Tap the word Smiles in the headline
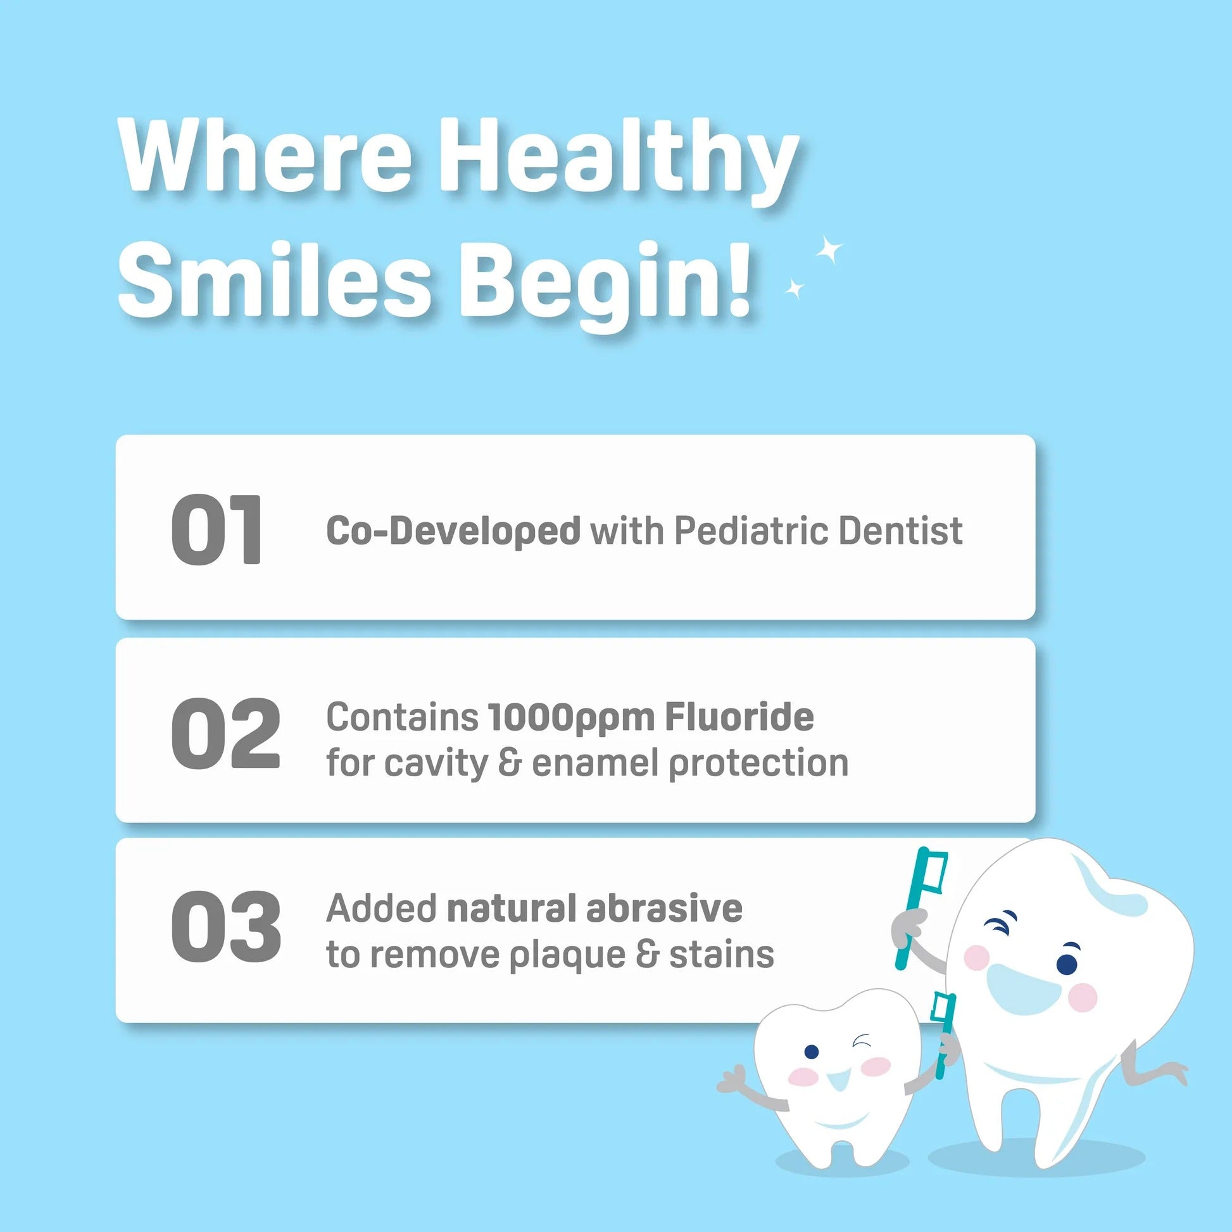click(275, 281)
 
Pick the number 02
click(226, 732)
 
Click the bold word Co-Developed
click(453, 531)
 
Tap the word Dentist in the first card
click(900, 531)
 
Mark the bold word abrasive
click(665, 908)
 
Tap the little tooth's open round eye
click(811, 1052)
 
